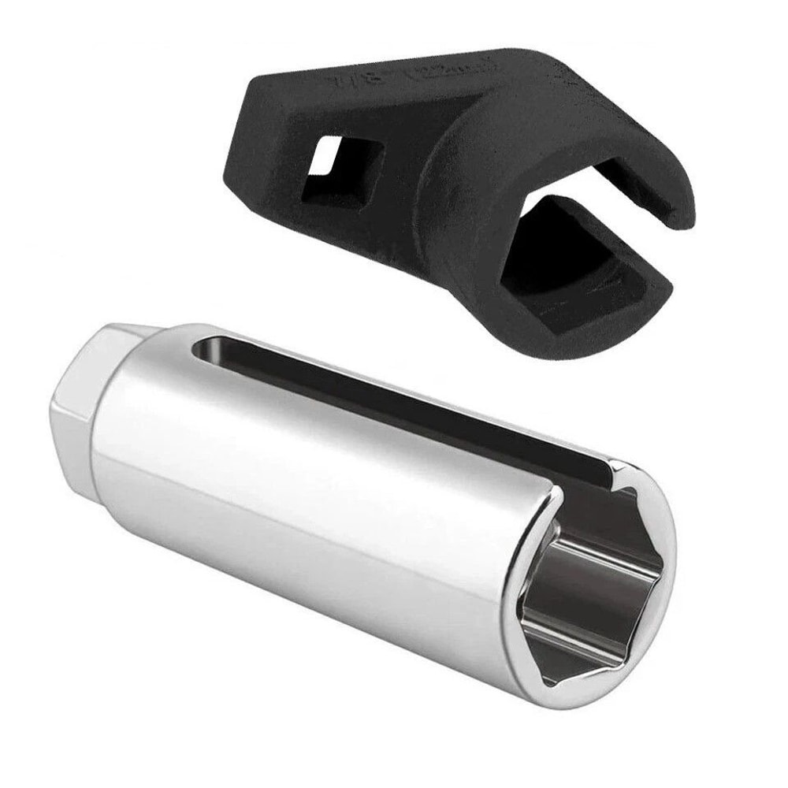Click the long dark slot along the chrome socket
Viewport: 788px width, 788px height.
click(394, 394)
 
